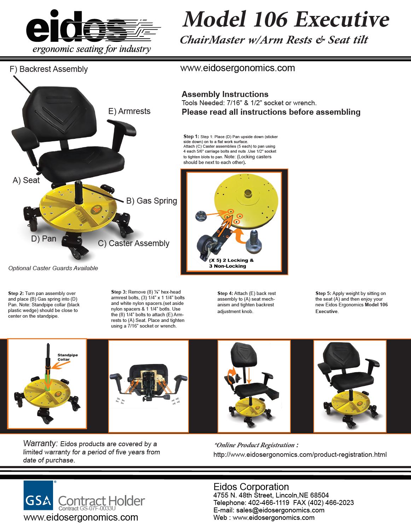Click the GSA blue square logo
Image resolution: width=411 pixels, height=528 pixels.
click(38, 495)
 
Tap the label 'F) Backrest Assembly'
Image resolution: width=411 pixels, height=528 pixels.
click(49, 69)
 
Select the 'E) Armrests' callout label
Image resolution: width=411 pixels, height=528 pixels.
click(129, 111)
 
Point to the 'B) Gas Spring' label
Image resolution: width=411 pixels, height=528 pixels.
click(151, 201)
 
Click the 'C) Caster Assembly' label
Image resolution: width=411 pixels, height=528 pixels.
click(134, 243)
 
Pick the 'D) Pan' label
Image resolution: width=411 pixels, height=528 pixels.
click(44, 239)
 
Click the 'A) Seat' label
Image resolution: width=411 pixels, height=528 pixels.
click(26, 180)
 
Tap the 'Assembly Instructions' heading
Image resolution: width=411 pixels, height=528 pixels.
click(225, 94)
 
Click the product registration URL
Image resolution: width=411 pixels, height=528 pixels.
click(300, 454)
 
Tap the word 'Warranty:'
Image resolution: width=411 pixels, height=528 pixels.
click(40, 443)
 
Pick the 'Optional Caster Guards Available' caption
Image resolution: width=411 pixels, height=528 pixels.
click(53, 268)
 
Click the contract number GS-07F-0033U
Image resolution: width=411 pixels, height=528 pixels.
click(98, 508)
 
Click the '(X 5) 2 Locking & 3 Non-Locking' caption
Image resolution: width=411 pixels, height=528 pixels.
click(231, 263)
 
